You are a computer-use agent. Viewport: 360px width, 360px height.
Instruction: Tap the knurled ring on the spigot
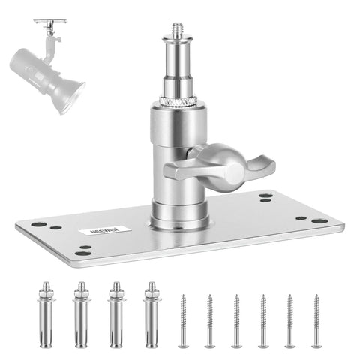178,98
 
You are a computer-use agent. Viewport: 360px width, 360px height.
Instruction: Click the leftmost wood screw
183,321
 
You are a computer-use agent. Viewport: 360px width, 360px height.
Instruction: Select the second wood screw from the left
210,321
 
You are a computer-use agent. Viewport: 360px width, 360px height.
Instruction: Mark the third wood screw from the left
236,321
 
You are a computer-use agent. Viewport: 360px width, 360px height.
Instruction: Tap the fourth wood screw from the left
263,321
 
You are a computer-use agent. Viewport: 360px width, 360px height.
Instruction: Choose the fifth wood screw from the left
289,321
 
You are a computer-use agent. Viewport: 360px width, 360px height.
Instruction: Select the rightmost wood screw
316,321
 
